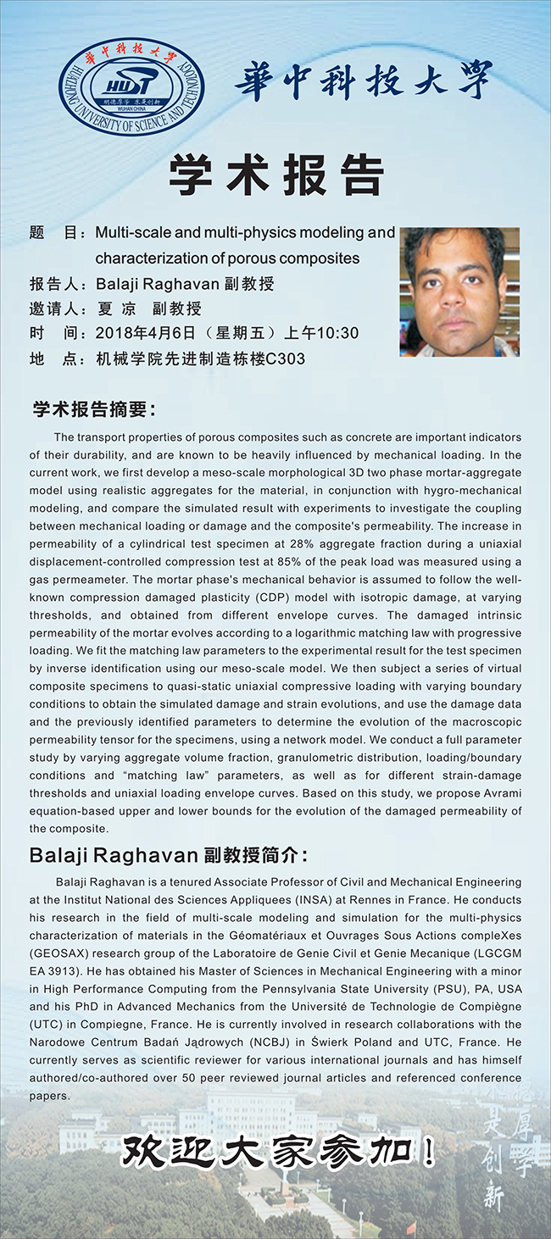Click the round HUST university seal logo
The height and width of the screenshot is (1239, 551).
coord(131,87)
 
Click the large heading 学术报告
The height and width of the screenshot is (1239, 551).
coord(275,176)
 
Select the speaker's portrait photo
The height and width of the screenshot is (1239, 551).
coord(459,291)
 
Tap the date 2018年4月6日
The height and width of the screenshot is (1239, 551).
coord(147,333)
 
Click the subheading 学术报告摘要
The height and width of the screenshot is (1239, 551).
coord(92,409)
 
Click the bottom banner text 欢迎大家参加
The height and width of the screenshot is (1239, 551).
coord(280,1153)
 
